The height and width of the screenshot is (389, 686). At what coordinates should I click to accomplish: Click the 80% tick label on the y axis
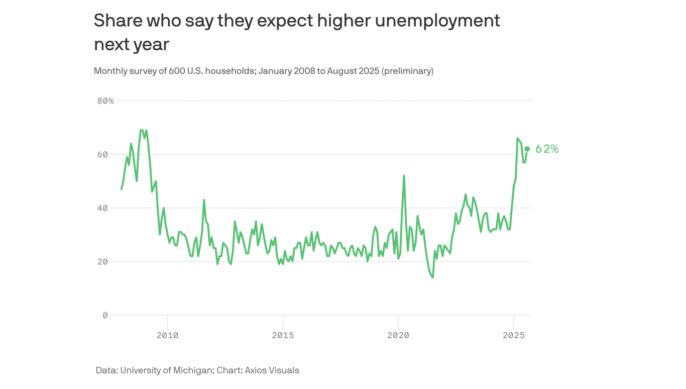pos(105,101)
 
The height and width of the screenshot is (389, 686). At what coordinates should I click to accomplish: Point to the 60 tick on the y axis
pos(102,154)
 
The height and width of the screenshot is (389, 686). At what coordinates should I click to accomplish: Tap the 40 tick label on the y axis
pos(102,208)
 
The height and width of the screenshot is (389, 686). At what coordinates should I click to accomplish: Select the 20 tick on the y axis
pos(102,262)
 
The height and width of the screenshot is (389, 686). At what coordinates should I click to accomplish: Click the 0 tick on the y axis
pos(105,315)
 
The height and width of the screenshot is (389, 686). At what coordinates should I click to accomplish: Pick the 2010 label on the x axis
pos(167,335)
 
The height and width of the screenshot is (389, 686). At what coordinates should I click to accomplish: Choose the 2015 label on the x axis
pos(283,335)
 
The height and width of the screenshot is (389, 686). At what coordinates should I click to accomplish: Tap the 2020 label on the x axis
pos(398,335)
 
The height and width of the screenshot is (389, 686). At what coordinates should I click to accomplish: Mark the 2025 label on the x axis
pos(513,335)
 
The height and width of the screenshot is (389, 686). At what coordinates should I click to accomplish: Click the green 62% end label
pos(547,149)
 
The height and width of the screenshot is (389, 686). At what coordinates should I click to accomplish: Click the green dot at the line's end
pos(527,149)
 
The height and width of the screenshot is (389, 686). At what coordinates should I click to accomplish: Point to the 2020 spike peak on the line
pos(404,176)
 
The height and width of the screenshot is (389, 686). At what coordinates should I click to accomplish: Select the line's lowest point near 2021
pos(432,277)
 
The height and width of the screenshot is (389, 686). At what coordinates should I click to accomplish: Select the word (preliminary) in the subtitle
pos(407,71)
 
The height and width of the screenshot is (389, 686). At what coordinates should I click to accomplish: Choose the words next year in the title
pos(132,44)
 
